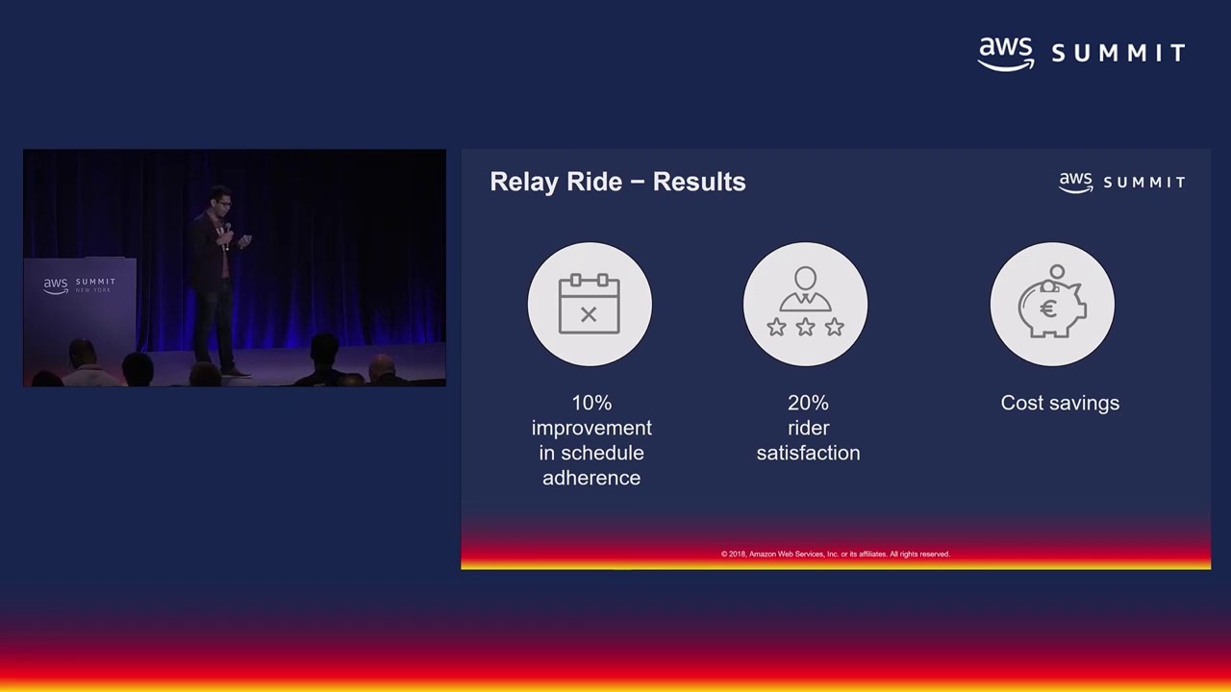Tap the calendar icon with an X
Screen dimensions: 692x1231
click(590, 305)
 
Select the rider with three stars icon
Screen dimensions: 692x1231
click(805, 305)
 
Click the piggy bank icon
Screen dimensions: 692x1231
click(1052, 305)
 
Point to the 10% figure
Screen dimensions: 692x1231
click(591, 403)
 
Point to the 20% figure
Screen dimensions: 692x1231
click(808, 403)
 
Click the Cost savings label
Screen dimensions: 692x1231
click(1060, 403)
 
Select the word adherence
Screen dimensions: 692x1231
click(591, 478)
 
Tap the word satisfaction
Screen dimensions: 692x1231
click(808, 453)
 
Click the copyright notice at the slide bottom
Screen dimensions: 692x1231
click(835, 554)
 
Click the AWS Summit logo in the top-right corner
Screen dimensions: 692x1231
click(1081, 54)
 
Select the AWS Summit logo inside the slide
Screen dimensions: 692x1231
click(1121, 182)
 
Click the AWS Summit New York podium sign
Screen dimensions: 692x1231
click(79, 285)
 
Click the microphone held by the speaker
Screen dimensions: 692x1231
click(227, 232)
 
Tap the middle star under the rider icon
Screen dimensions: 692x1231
click(805, 328)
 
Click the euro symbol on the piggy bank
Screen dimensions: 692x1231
click(1048, 309)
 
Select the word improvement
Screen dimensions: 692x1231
click(591, 428)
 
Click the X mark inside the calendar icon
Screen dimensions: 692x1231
click(589, 314)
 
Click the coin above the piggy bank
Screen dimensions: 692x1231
click(1057, 272)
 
